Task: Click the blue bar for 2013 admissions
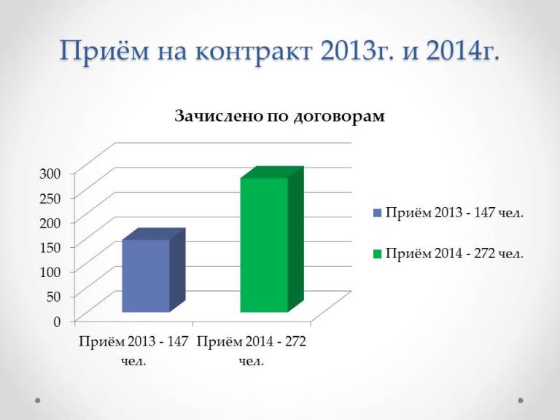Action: [x=154, y=270]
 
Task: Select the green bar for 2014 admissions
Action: [x=272, y=239]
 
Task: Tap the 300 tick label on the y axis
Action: [x=50, y=174]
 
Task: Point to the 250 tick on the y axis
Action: [x=50, y=198]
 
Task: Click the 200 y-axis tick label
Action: [x=50, y=223]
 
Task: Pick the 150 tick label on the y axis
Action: [x=50, y=247]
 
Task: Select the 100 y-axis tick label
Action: [x=50, y=272]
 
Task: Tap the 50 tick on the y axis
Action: [x=54, y=297]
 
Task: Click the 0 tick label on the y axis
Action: [x=58, y=322]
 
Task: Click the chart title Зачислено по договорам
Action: [x=280, y=117]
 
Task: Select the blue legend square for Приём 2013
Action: [x=378, y=213]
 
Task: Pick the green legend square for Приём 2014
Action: [x=378, y=254]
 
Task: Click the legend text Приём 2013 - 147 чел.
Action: [x=455, y=213]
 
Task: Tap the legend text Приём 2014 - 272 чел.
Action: [x=455, y=254]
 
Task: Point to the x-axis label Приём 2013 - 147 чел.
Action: [x=133, y=351]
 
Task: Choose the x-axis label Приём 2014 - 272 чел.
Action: [x=252, y=351]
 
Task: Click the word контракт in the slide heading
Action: [x=254, y=52]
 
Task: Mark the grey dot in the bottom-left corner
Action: [x=37, y=400]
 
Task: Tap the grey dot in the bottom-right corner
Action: [x=521, y=400]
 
